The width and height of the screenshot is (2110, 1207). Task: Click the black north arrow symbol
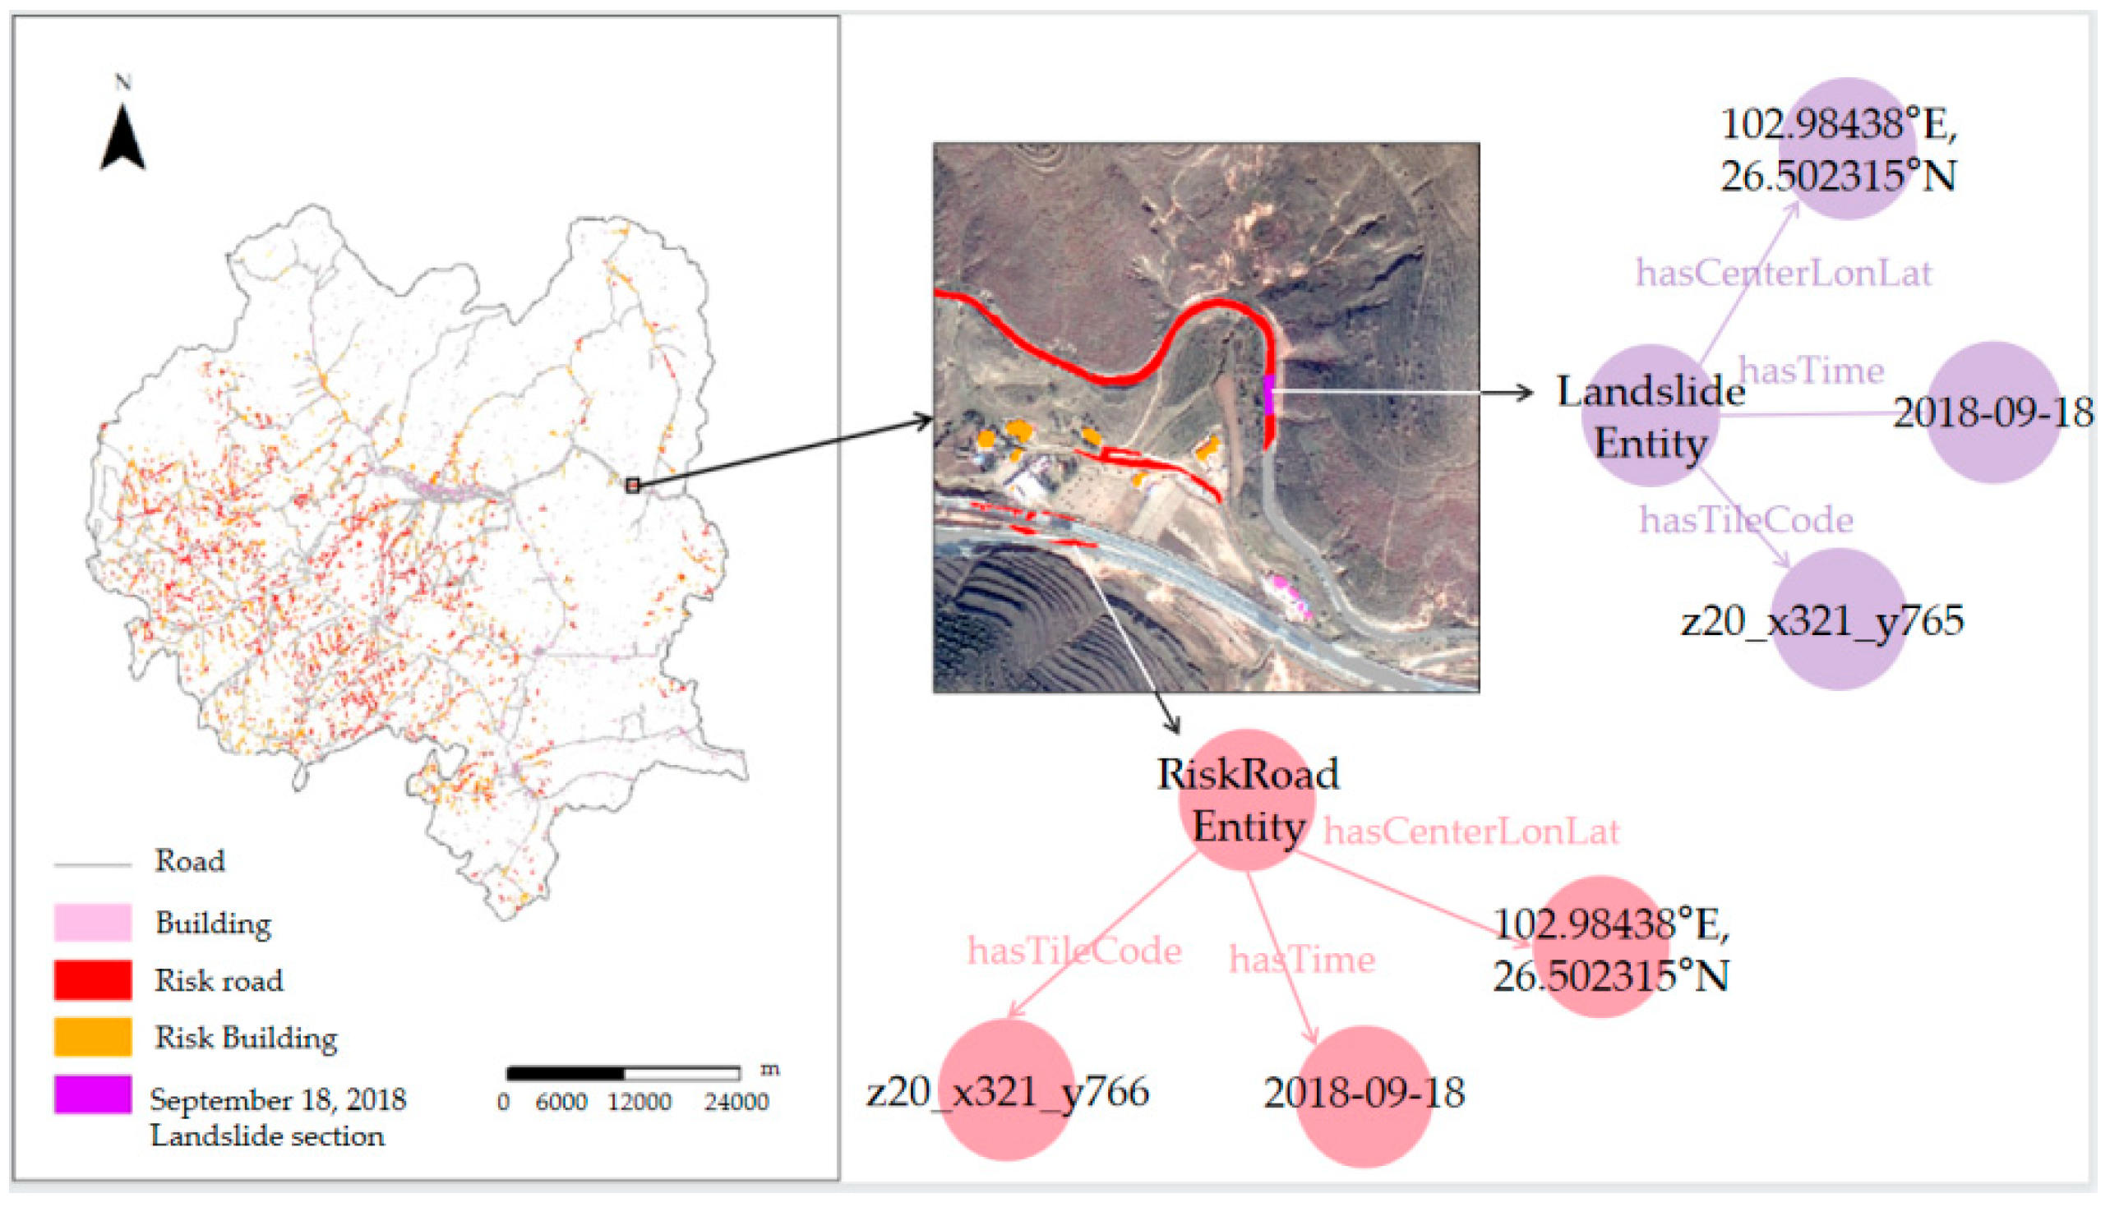pos(122,140)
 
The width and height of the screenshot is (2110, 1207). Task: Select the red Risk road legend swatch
pos(92,980)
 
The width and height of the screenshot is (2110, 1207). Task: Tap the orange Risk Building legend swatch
pos(92,1037)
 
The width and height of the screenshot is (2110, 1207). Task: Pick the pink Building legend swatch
pos(92,923)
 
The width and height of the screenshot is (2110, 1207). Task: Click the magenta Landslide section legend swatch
pos(92,1094)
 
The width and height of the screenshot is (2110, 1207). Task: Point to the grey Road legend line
pos(92,864)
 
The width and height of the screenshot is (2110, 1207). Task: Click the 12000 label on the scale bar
pos(639,1102)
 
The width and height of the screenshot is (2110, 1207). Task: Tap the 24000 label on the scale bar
pos(736,1102)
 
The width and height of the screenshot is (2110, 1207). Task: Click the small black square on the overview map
pos(633,486)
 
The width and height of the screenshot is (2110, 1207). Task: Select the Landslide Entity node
pos(1651,415)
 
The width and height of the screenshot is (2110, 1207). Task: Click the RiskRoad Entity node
pos(1247,800)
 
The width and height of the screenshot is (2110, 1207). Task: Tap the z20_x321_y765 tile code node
pos(1839,620)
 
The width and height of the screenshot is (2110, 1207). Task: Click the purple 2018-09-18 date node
pos(1993,412)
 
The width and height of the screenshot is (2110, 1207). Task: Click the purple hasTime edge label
pos(1811,371)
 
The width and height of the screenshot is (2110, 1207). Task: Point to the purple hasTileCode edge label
pos(1746,521)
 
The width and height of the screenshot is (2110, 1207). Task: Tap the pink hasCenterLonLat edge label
pos(1471,832)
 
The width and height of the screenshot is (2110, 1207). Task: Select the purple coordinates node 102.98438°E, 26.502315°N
pos(1847,150)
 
